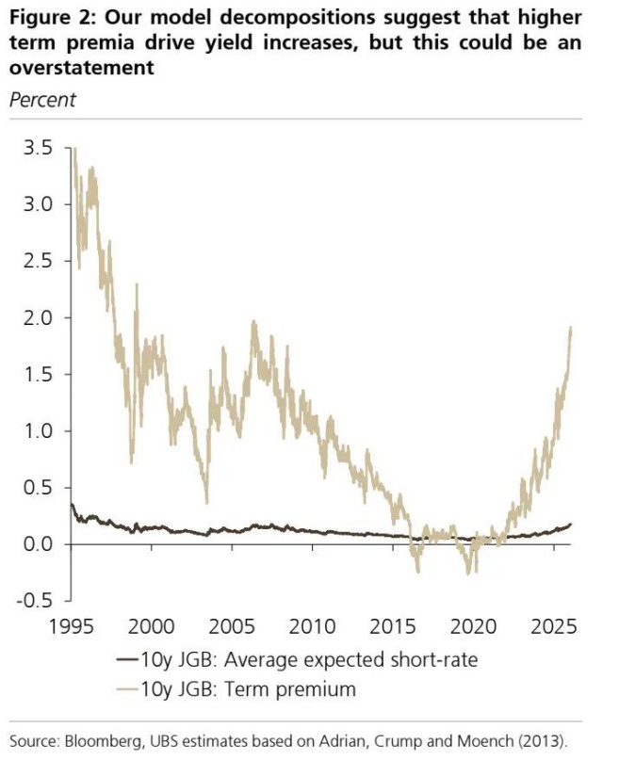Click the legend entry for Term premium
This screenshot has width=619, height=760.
253,689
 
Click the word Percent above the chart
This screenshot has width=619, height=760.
42,99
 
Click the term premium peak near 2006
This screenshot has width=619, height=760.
253,322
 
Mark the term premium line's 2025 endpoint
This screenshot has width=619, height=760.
572,327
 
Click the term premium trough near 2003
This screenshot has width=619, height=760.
206,502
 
